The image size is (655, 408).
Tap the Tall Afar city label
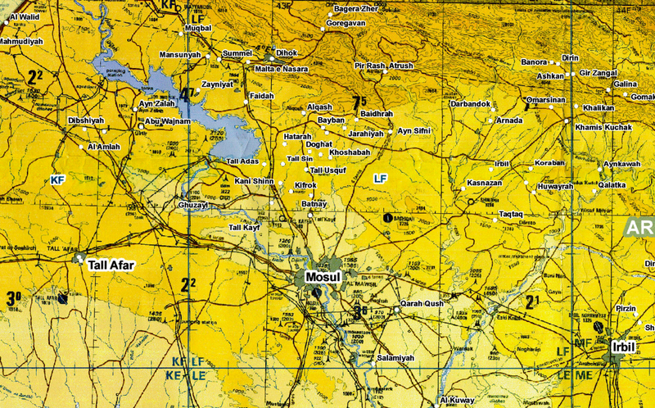[111, 265]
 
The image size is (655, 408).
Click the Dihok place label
[287, 52]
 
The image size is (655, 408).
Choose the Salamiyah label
[396, 358]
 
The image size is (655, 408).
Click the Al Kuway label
[458, 400]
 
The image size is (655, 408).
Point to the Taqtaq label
[516, 214]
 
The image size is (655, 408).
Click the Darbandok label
[470, 104]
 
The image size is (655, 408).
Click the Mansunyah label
[179, 54]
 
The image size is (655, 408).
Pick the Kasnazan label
[484, 182]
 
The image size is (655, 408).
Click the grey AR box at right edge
[639, 227]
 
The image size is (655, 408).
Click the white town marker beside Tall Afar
[79, 258]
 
